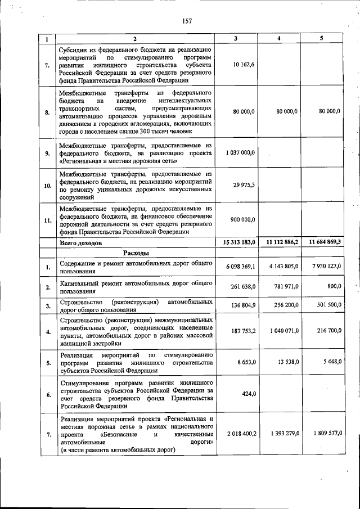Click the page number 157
187,21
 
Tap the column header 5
321,38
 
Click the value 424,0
247,394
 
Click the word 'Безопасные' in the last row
119,434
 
